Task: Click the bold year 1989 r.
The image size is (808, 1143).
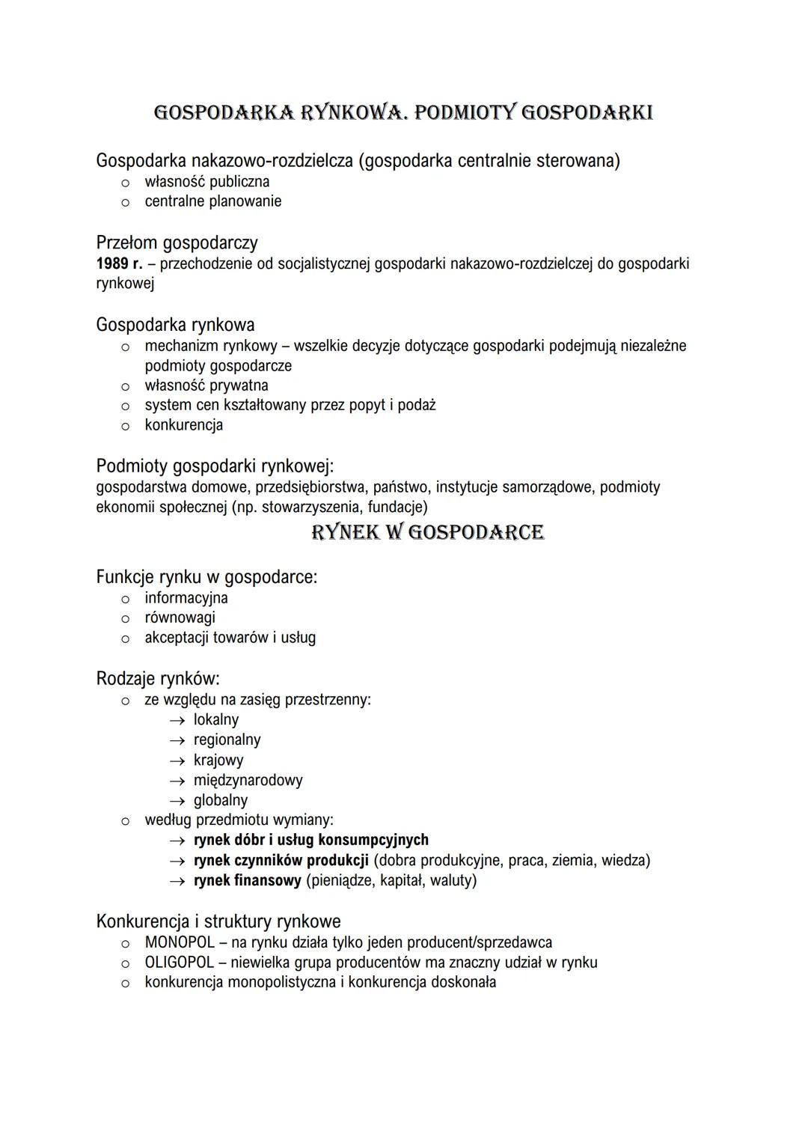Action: click(118, 263)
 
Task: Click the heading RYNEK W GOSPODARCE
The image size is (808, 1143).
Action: click(427, 532)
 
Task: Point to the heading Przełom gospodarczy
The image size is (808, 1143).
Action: click(177, 243)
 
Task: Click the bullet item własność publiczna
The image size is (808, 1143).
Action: click(206, 181)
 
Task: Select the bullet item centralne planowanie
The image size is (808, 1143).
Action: click(212, 201)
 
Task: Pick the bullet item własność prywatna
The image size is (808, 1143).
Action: click(206, 385)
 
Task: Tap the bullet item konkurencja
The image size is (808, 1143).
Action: click(183, 425)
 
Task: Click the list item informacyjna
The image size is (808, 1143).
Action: click(186, 598)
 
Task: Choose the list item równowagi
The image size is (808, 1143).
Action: click(180, 618)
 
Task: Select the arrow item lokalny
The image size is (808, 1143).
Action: click(215, 720)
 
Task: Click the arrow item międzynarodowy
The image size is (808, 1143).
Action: click(248, 780)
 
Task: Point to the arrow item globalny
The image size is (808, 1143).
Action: click(220, 800)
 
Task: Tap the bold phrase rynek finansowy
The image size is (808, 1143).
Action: click(247, 880)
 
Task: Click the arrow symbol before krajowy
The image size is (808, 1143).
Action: click(177, 761)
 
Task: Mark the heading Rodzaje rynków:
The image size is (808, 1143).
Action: click(158, 679)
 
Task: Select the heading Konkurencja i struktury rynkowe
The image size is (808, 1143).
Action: click(218, 921)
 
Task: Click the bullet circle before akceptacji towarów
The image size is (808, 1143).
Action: click(126, 638)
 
